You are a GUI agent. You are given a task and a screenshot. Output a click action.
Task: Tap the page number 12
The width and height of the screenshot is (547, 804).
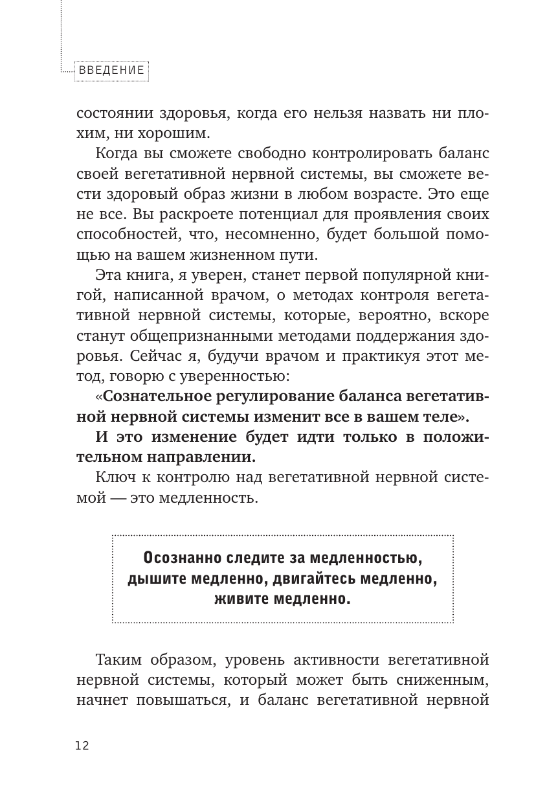pyautogui.click(x=82, y=746)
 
